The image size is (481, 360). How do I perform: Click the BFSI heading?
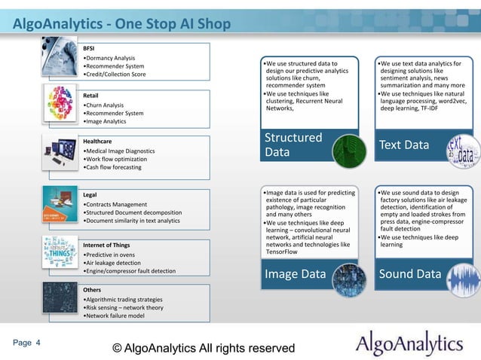89,47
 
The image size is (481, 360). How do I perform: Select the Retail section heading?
91,96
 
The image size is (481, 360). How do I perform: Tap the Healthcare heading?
97,142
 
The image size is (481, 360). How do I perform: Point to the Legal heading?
90,194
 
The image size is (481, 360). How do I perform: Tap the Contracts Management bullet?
116,204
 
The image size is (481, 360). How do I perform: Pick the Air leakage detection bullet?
114,262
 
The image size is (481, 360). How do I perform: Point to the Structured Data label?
293,145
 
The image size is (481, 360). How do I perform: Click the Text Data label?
405,145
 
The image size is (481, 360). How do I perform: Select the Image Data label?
295,274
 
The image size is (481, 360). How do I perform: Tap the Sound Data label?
410,274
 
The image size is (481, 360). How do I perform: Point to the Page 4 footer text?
26,343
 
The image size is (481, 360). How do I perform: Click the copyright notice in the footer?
203,348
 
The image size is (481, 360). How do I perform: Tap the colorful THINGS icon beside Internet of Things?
60,254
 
